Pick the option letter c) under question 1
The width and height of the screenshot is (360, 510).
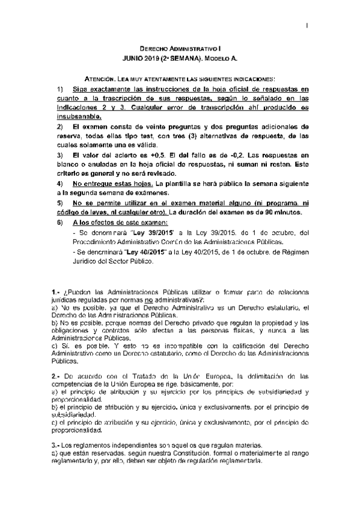point(55,346)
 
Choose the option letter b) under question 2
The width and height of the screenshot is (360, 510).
point(55,407)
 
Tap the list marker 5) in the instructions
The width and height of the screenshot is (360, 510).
point(58,203)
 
